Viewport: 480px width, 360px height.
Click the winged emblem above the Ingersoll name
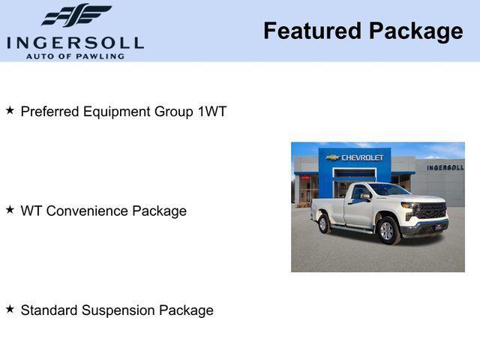point(76,14)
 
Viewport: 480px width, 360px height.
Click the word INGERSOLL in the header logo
point(75,42)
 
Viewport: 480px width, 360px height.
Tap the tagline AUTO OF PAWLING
point(75,55)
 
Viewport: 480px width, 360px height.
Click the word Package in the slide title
point(415,31)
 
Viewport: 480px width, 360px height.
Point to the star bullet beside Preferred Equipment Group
point(10,110)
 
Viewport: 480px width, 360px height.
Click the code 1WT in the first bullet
point(211,112)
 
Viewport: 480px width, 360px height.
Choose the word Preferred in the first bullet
point(50,112)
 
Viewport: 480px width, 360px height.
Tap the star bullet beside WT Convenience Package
point(10,210)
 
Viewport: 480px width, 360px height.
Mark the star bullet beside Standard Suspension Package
point(10,309)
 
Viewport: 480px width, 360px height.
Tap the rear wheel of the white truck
point(324,223)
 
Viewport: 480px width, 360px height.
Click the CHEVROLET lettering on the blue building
point(362,158)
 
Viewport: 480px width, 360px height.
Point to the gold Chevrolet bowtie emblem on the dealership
point(333,158)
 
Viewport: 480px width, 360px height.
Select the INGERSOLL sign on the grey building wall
point(445,167)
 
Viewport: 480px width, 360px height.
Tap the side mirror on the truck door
point(365,196)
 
